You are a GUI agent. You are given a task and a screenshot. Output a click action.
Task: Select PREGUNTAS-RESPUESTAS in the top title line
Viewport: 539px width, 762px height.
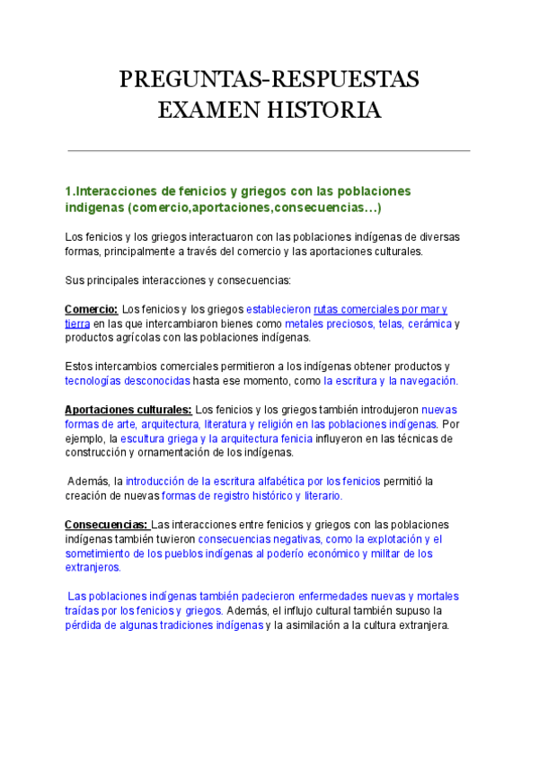click(269, 80)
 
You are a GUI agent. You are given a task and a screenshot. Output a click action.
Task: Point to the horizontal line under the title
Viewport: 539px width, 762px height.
click(269, 150)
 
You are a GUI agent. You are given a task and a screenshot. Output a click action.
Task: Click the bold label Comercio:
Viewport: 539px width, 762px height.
click(91, 309)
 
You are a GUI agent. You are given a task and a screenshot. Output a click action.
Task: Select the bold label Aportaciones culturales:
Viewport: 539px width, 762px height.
click(128, 409)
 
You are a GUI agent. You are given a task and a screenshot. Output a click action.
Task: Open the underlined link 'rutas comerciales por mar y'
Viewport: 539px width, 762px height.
click(380, 309)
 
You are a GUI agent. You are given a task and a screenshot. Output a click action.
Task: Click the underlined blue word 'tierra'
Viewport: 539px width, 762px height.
click(77, 323)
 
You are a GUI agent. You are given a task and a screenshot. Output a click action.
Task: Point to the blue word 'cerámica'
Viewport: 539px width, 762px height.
click(429, 323)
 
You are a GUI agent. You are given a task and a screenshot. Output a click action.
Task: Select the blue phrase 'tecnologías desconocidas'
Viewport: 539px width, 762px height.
click(127, 380)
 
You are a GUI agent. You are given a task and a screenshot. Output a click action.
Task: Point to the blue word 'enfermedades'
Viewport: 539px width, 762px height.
click(331, 596)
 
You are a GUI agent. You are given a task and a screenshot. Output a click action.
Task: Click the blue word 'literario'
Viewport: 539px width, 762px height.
click(317, 495)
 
